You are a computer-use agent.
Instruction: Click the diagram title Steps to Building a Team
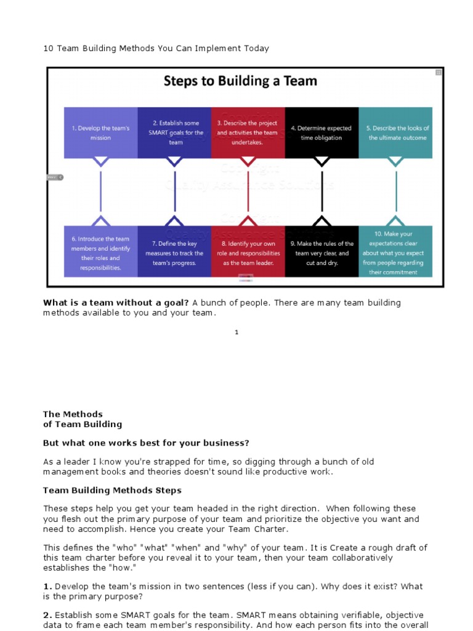(x=240, y=81)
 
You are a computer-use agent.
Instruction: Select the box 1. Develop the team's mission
(x=100, y=132)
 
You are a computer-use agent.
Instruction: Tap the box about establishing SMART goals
(x=174, y=132)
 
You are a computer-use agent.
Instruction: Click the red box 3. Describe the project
(x=248, y=132)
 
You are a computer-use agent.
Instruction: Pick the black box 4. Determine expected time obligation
(x=321, y=132)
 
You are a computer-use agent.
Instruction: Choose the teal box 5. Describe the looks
(x=395, y=132)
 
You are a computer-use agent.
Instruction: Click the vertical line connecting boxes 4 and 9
(x=321, y=191)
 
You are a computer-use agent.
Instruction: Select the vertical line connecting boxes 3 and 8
(x=248, y=191)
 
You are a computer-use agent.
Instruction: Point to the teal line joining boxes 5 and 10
(x=395, y=191)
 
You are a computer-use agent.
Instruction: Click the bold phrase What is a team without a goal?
(x=116, y=303)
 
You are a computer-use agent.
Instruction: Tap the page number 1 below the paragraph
(x=236, y=332)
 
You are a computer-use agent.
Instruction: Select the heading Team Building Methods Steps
(x=112, y=491)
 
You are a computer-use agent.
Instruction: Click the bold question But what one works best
(x=146, y=442)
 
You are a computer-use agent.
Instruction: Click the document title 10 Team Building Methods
(x=156, y=48)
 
